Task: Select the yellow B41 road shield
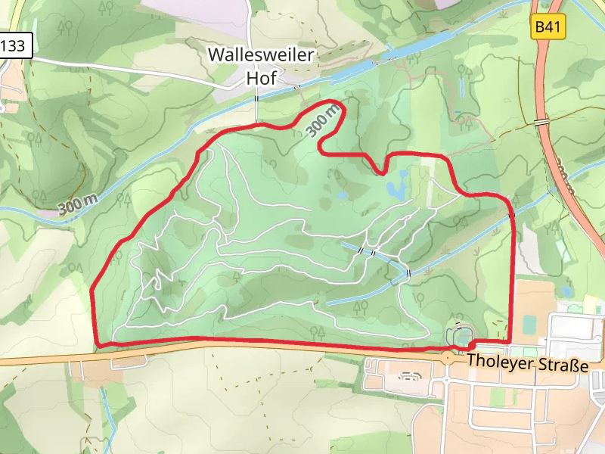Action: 548,28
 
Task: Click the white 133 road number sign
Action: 14,45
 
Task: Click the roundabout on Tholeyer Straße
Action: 448,356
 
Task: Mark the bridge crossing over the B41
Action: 541,121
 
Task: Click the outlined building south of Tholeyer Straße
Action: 409,375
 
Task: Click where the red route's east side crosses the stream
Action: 512,216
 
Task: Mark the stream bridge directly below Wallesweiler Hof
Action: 257,99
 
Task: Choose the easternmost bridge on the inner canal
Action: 408,272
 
